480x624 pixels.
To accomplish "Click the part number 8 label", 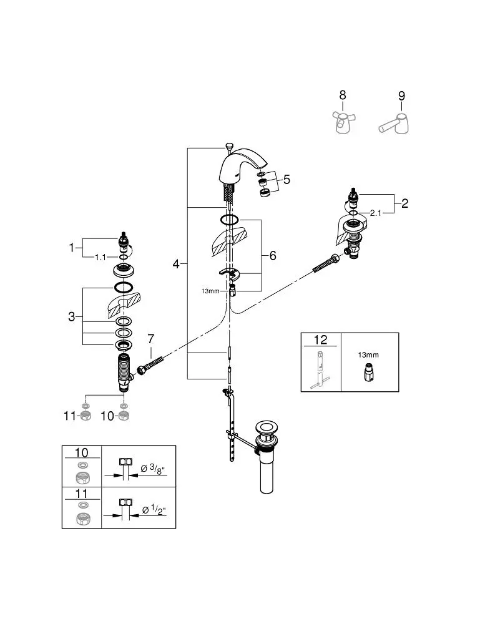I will [x=342, y=95].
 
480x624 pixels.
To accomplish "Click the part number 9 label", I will [x=401, y=95].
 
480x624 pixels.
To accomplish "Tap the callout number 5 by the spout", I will [x=287, y=180].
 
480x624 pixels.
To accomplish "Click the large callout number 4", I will [x=176, y=265].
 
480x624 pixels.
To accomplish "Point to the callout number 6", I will [x=272, y=256].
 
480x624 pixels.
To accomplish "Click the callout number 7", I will [x=150, y=339].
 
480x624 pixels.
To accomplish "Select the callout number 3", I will [x=72, y=317].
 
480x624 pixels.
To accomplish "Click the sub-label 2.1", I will [x=376, y=213].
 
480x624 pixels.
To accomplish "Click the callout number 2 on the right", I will [x=404, y=203].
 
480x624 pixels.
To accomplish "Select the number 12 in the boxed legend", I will [x=320, y=340].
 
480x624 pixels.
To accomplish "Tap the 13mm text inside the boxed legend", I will [x=368, y=354].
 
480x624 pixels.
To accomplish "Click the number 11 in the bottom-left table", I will [x=82, y=494].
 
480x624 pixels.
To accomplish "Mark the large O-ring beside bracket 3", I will [x=123, y=288].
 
